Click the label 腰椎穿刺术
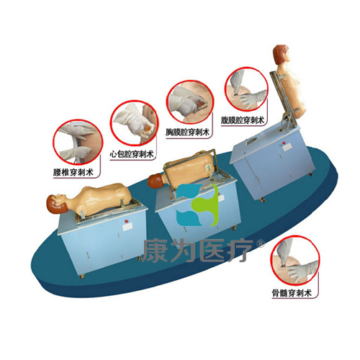[x=73, y=172]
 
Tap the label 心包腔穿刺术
[x=132, y=154]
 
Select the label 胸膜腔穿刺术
[x=187, y=132]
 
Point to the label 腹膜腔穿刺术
[x=242, y=120]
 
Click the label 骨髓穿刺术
[x=292, y=293]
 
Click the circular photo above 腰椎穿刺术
[x=78, y=142]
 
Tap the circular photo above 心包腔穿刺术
[x=134, y=123]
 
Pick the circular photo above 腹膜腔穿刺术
[x=246, y=89]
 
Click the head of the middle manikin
[x=156, y=181]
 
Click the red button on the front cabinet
[x=125, y=220]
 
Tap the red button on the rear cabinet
[x=284, y=143]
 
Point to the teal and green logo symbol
[x=197, y=205]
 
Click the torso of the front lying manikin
[x=102, y=198]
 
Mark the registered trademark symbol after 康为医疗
[x=261, y=244]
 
